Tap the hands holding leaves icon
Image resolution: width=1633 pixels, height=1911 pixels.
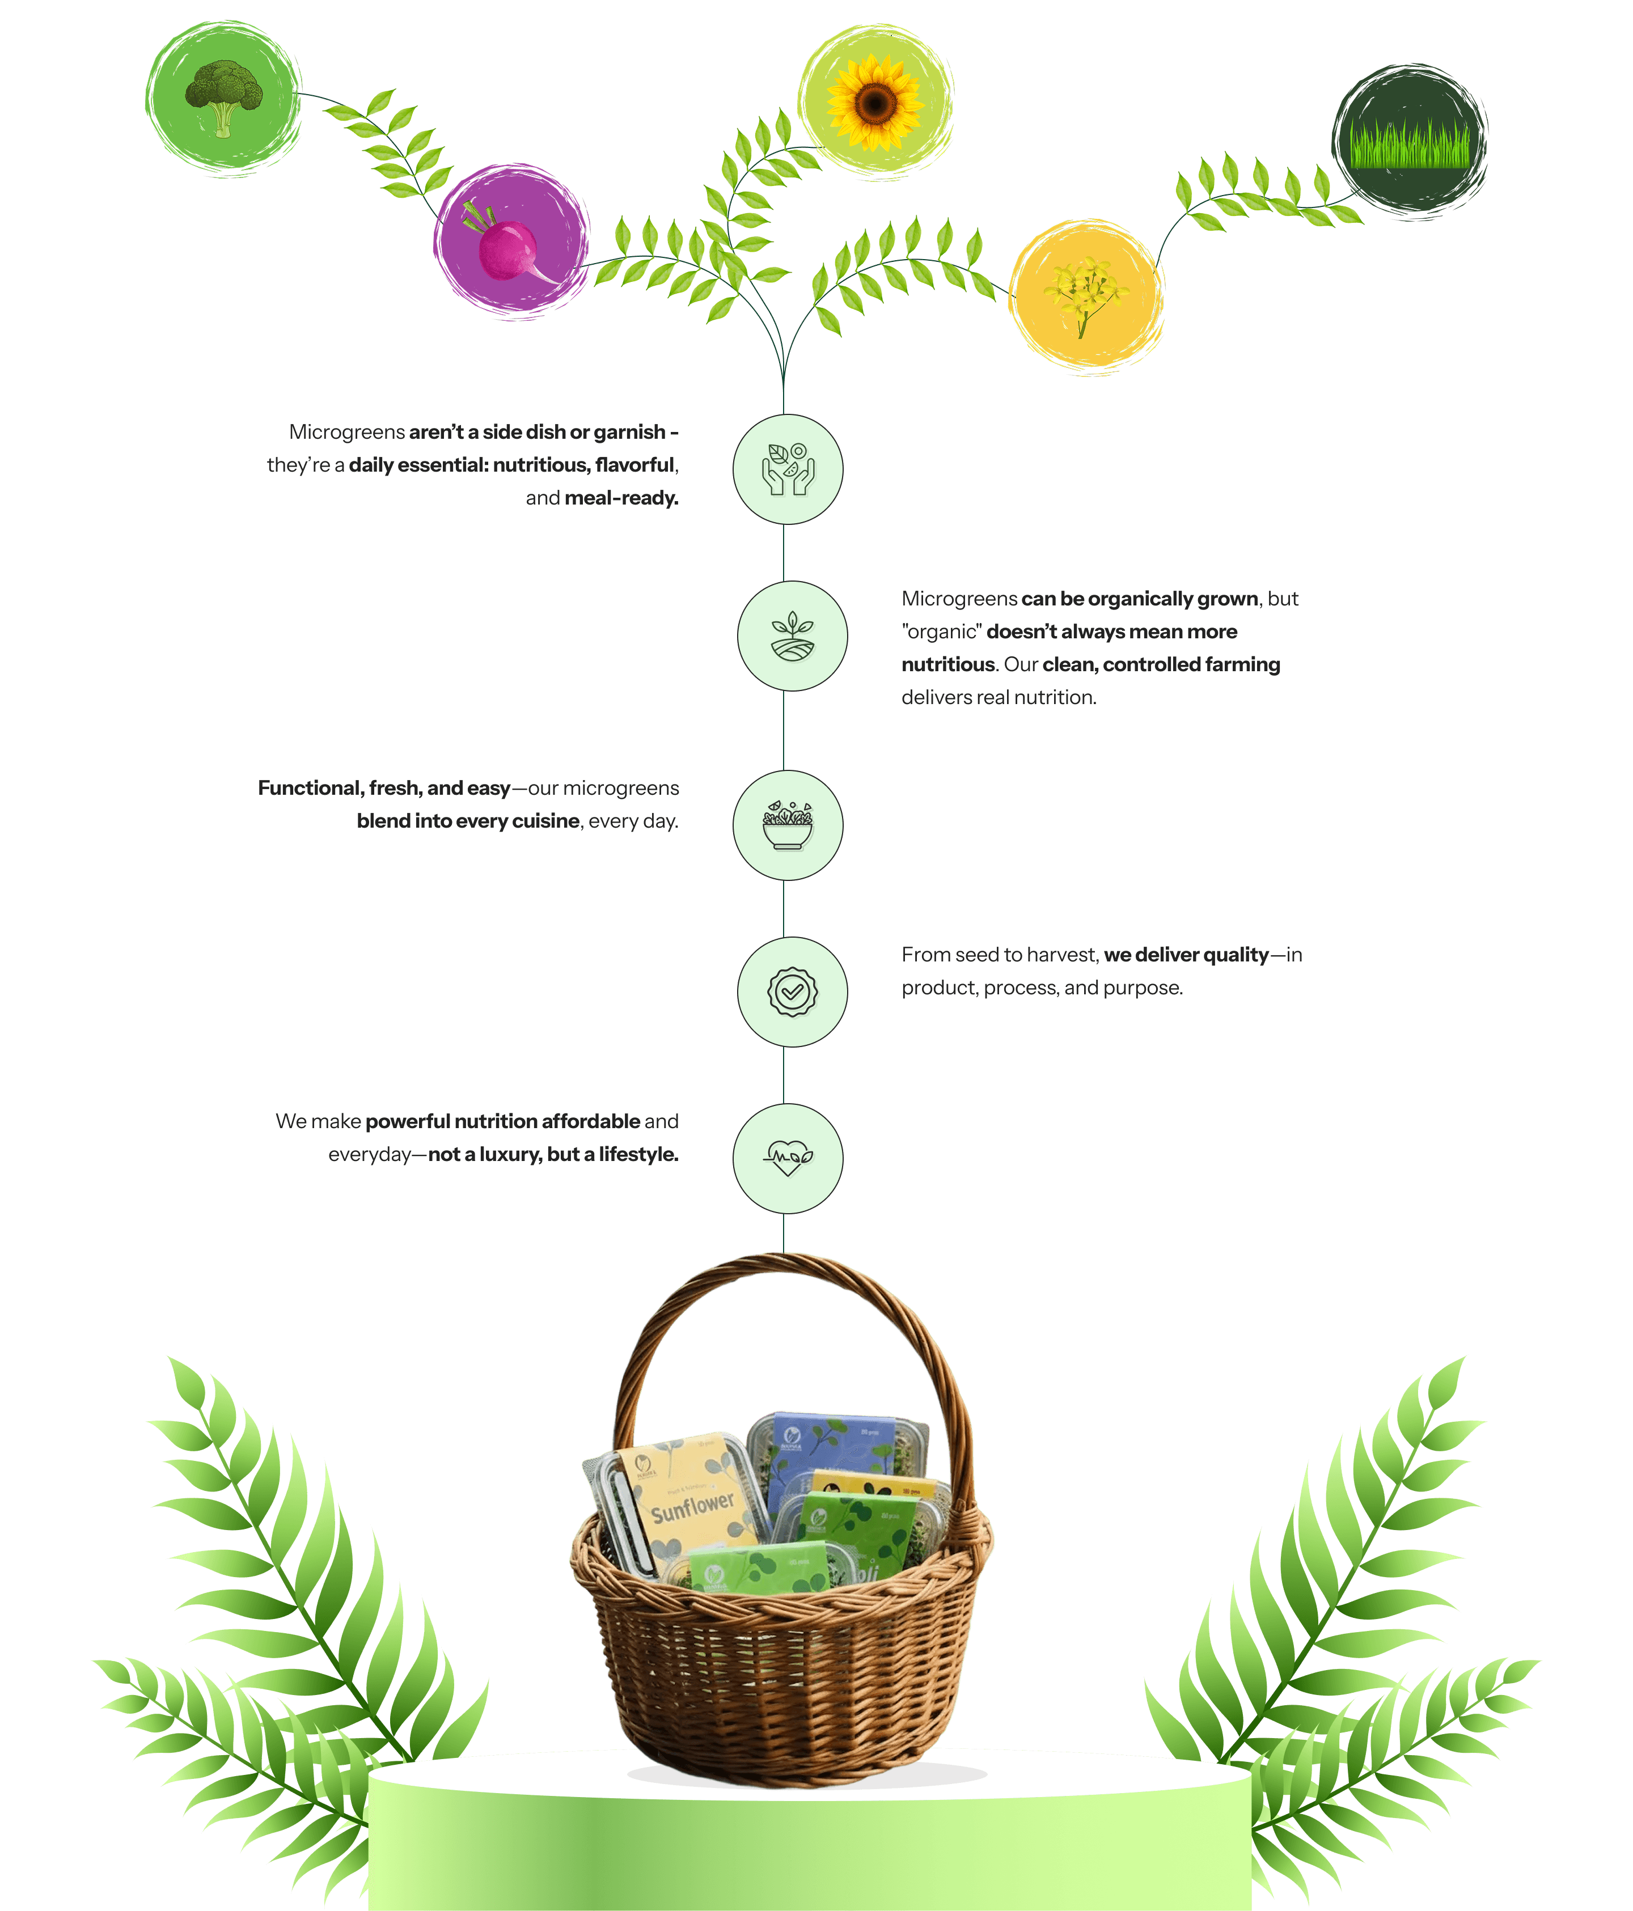point(787,469)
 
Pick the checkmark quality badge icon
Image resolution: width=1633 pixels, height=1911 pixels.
point(792,991)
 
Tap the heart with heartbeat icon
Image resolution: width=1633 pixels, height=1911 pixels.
point(787,1158)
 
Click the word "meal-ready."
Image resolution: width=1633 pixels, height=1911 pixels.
point(621,498)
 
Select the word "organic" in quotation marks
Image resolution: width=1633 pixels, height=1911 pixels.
point(941,632)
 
